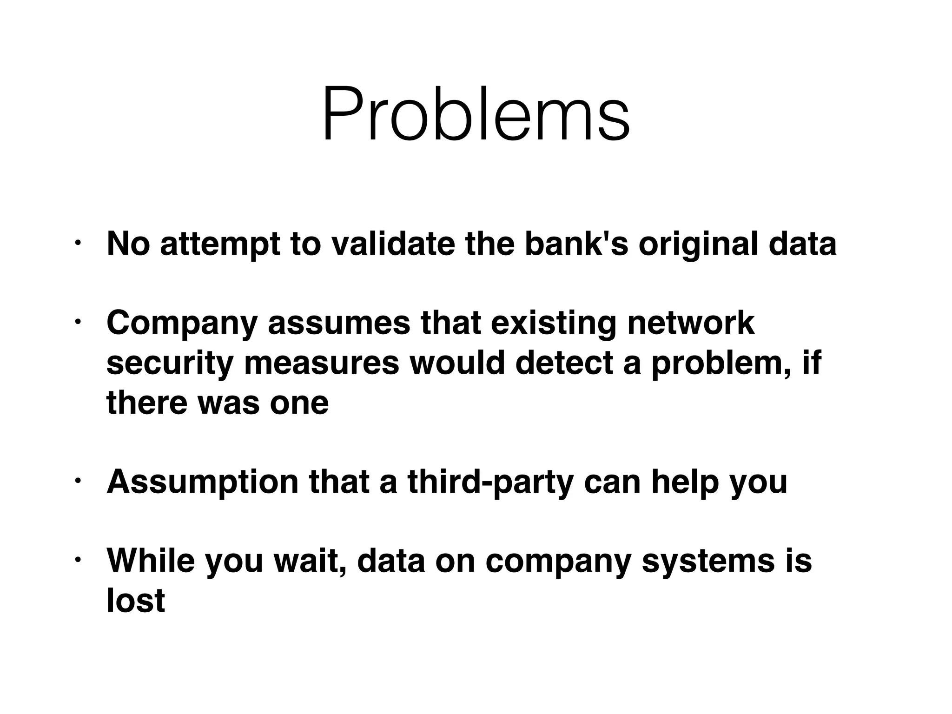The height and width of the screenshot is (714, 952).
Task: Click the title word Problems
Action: (476, 115)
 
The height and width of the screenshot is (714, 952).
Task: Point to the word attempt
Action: (220, 245)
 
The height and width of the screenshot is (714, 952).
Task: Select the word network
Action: (690, 323)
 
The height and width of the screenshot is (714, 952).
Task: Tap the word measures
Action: (321, 363)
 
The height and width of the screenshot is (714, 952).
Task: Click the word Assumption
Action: (202, 483)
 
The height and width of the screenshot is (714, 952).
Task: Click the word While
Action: (151, 561)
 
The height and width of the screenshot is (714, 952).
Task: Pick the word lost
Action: (135, 600)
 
